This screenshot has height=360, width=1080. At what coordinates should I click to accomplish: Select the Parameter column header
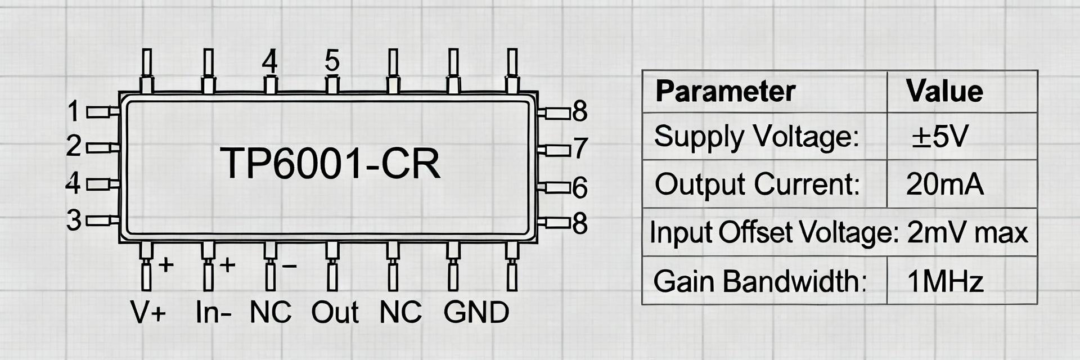pos(725,92)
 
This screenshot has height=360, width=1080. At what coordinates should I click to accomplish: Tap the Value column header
pos(944,92)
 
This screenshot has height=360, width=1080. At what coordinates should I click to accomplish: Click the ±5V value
pos(940,137)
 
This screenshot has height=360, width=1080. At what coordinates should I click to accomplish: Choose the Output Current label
pos(757,184)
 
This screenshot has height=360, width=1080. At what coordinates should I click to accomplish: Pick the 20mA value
pos(944,184)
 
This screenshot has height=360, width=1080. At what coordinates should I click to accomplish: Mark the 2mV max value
pos(967,232)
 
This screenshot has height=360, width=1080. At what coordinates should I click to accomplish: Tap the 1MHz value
pos(945,281)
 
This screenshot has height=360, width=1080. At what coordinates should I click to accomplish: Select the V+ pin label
pos(148,313)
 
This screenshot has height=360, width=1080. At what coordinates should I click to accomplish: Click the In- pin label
pos(213,313)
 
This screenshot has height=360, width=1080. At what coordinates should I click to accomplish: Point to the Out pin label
pos(335,313)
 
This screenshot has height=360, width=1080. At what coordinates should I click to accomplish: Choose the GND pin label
pos(476,313)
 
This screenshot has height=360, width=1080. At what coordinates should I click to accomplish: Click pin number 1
pos(74,111)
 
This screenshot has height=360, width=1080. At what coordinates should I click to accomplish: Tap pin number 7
pos(580,148)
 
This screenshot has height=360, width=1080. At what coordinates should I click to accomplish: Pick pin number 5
pos(332,61)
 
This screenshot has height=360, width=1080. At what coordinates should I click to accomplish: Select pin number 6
pos(580,188)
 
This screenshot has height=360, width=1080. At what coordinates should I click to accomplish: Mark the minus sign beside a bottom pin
pos(289,264)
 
